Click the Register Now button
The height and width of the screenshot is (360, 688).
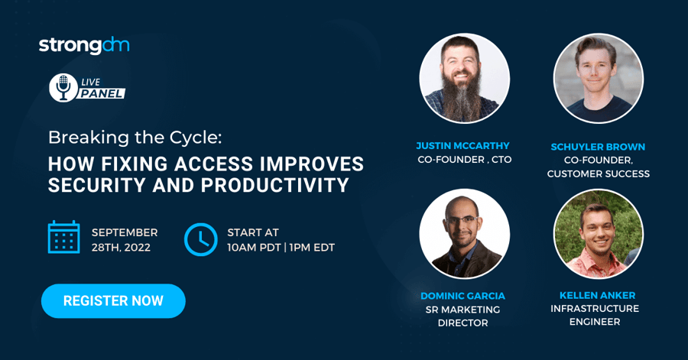pos(113,301)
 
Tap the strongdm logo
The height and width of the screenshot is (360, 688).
pos(84,45)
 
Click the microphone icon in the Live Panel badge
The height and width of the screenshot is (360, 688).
pos(63,88)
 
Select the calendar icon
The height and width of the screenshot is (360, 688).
pos(63,237)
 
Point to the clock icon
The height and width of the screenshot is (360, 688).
pos(200,239)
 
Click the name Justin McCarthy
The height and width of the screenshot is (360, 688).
pos(462,145)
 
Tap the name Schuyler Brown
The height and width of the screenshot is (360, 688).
pos(598,147)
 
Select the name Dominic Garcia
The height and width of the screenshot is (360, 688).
pos(462,296)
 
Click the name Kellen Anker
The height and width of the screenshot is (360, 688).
pos(597,295)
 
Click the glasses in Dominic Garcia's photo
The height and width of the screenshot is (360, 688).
pos(462,219)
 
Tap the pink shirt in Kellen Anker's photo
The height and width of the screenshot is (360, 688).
pos(596,263)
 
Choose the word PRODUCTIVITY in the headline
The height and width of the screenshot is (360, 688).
pos(275,185)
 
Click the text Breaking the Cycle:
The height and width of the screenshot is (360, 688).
pos(135,138)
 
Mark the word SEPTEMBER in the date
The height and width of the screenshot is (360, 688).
pos(125,232)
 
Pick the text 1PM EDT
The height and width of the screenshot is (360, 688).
pos(312,248)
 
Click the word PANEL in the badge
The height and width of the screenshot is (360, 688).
pos(102,93)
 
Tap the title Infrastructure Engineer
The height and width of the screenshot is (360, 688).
pos(595,315)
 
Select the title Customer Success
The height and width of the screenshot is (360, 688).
pos(599,174)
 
